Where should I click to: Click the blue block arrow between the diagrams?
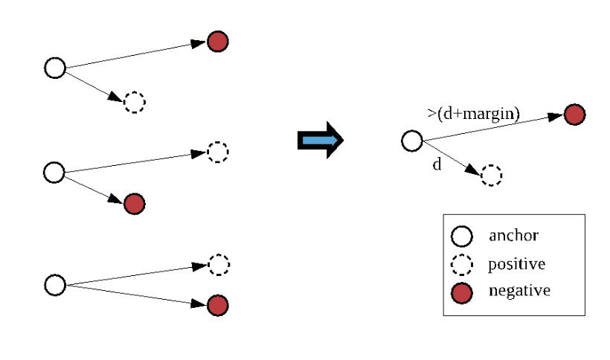pyautogui.click(x=320, y=139)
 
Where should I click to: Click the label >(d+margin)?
pyautogui.click(x=473, y=112)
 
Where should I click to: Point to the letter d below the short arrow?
pyautogui.click(x=437, y=164)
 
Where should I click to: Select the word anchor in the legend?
pyautogui.click(x=513, y=236)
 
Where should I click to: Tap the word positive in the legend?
pyautogui.click(x=516, y=264)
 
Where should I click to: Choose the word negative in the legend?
pyautogui.click(x=519, y=290)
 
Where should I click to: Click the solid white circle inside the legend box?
pyautogui.click(x=463, y=237)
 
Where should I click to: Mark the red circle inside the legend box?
pyautogui.click(x=463, y=293)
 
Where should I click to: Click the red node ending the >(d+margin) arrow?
pyautogui.click(x=574, y=115)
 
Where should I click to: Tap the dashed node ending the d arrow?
pyautogui.click(x=491, y=176)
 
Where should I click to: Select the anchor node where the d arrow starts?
pyautogui.click(x=412, y=141)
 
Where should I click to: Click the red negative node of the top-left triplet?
pyautogui.click(x=217, y=42)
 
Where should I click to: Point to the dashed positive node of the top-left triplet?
pyautogui.click(x=135, y=102)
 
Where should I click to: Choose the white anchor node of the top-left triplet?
pyautogui.click(x=55, y=68)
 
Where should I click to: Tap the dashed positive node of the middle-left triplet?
pyautogui.click(x=217, y=152)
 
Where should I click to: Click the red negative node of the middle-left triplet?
pyautogui.click(x=135, y=203)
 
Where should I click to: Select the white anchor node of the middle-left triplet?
pyautogui.click(x=54, y=173)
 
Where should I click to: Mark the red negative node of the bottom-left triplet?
pyautogui.click(x=217, y=305)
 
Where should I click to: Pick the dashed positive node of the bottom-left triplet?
pyautogui.click(x=218, y=264)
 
